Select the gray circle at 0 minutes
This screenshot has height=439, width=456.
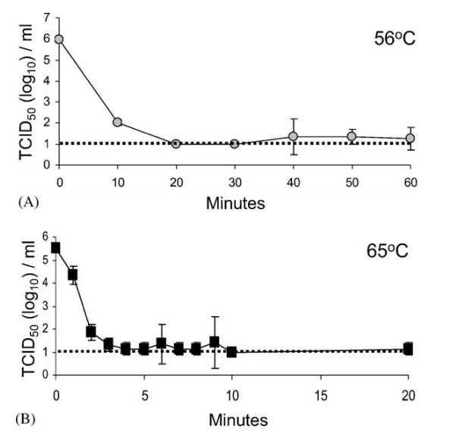58,39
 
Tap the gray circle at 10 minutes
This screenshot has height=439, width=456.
118,122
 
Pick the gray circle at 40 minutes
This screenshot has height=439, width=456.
293,136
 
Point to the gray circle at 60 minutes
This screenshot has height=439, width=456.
410,138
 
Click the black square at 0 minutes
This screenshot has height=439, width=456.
56,247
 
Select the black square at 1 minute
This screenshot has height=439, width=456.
74,274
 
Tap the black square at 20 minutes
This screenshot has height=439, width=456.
408,349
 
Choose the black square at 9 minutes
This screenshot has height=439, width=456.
215,342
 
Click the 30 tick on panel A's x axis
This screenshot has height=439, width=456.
234,182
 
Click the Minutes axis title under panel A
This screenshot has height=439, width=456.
234,203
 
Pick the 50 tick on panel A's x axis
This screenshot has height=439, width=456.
351,182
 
